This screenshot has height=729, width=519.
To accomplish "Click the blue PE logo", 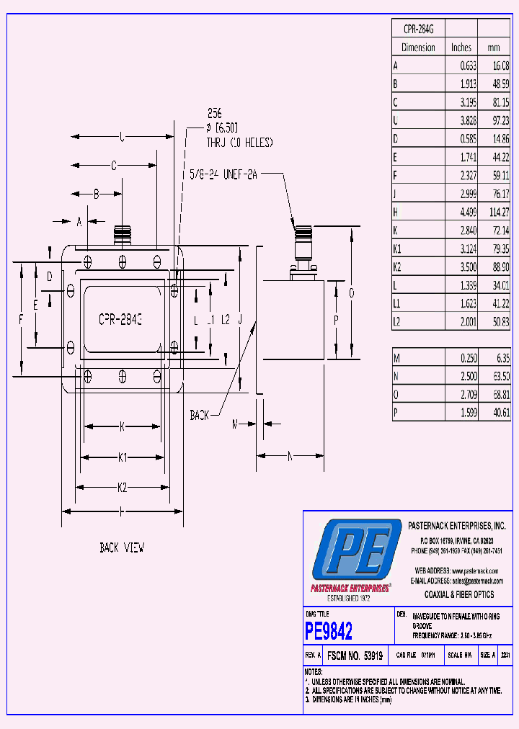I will click(356, 551).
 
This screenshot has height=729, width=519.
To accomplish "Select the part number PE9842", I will click(329, 632).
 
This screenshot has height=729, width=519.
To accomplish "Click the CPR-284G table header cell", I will click(418, 30).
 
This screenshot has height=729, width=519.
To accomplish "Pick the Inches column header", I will click(461, 48).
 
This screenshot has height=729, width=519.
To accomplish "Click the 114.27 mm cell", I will click(498, 212).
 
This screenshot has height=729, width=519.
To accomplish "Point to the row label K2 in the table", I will click(397, 267).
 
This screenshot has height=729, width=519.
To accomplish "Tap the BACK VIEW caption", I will click(122, 548).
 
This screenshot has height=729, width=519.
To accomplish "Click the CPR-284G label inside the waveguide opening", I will click(120, 318).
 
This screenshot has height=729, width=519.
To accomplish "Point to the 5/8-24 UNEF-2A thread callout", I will click(223, 174).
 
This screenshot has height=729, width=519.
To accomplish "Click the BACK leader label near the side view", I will click(200, 415).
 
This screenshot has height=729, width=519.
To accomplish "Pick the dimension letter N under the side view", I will click(290, 455).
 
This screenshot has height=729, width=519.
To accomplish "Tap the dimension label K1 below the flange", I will click(123, 457).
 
